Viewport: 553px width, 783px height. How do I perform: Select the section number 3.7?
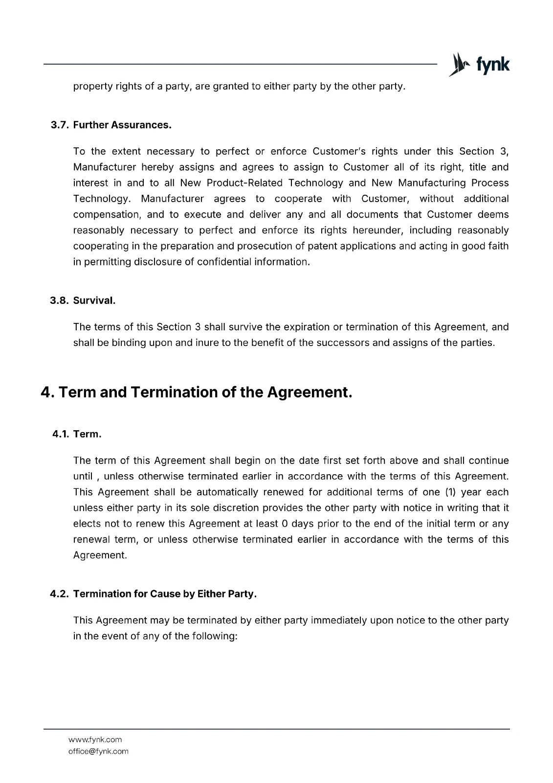click(60, 125)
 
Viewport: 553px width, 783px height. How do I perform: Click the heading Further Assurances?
click(122, 125)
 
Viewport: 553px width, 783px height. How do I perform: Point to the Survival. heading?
click(94, 300)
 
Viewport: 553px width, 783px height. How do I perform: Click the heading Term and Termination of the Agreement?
click(196, 392)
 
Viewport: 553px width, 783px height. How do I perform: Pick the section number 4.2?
click(60, 594)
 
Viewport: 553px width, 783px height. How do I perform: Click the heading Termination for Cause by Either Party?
click(165, 594)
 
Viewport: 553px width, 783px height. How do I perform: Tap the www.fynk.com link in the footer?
click(95, 739)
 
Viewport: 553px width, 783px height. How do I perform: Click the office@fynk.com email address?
click(98, 751)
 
